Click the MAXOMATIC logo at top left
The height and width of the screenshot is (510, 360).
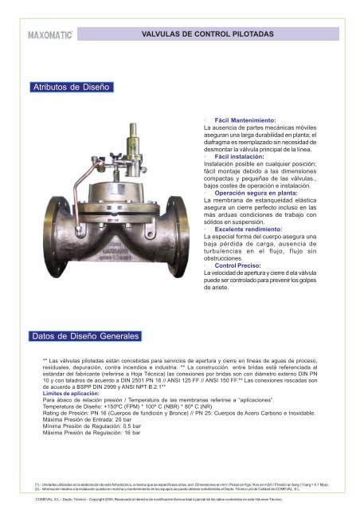51,35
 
